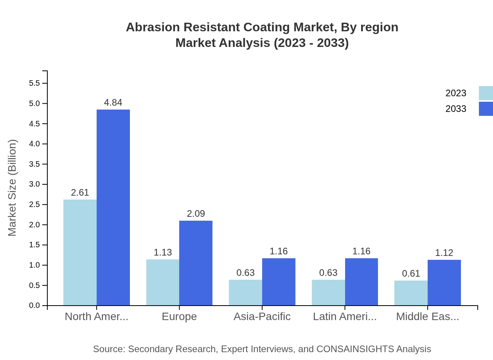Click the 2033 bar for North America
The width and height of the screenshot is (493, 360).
point(113,207)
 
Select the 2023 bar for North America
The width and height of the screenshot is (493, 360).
point(80,252)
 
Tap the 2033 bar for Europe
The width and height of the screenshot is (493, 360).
point(196,263)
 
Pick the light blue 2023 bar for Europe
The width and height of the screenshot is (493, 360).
point(163,282)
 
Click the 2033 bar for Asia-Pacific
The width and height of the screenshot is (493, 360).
point(279,282)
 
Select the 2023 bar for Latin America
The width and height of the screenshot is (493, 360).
point(328,292)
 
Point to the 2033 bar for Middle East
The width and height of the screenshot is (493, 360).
point(444,283)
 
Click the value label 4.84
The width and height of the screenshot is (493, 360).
point(113,103)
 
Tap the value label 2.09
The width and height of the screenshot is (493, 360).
point(196,214)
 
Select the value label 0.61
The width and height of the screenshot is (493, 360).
point(411,274)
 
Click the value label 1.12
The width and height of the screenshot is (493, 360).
point(444,253)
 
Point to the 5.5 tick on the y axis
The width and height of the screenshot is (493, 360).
point(34,83)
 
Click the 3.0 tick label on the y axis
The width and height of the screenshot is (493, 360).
point(34,184)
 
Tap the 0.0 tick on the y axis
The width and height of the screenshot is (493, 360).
point(34,306)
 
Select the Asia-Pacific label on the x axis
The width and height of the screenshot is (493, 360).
point(262,317)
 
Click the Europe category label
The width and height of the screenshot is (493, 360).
point(179,317)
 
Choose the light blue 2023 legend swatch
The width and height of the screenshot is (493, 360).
point(486,93)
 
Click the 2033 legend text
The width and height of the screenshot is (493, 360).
point(456,109)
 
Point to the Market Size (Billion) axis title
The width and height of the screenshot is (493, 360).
point(12,188)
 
